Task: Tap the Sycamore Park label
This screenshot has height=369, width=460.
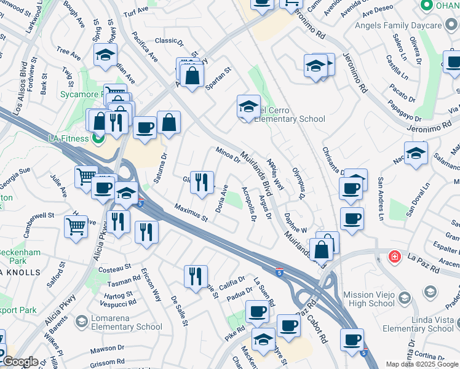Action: click(80, 95)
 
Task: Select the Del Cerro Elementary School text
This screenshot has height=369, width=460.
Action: click(290, 114)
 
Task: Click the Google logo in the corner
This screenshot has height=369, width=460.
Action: click(20, 362)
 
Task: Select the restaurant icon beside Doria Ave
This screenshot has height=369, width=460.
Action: click(202, 182)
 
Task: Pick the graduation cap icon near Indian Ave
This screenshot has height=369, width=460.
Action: click(106, 55)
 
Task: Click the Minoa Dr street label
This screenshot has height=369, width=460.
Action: click(228, 155)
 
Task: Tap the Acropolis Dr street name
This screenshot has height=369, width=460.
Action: click(248, 204)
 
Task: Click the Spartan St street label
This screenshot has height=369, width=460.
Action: click(218, 79)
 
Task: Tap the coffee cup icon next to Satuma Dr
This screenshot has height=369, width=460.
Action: click(145, 128)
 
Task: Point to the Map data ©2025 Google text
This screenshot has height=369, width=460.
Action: click(421, 364)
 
